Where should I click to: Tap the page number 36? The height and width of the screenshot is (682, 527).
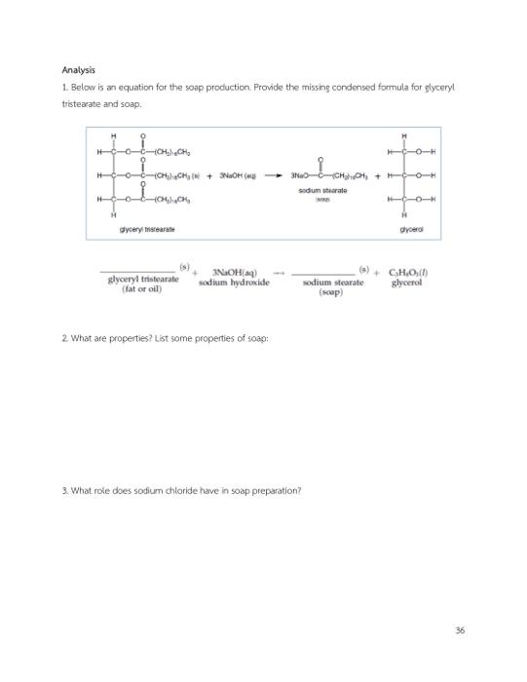[459, 630]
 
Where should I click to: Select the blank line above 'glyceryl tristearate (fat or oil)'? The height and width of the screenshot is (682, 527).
[137, 270]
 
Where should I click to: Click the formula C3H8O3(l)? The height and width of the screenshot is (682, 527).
[413, 272]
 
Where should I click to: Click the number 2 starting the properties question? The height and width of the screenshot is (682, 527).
[63, 364]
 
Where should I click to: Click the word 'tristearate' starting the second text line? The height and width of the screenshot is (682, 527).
[80, 103]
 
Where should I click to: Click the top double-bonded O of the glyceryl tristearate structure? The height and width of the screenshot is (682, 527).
[145, 137]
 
